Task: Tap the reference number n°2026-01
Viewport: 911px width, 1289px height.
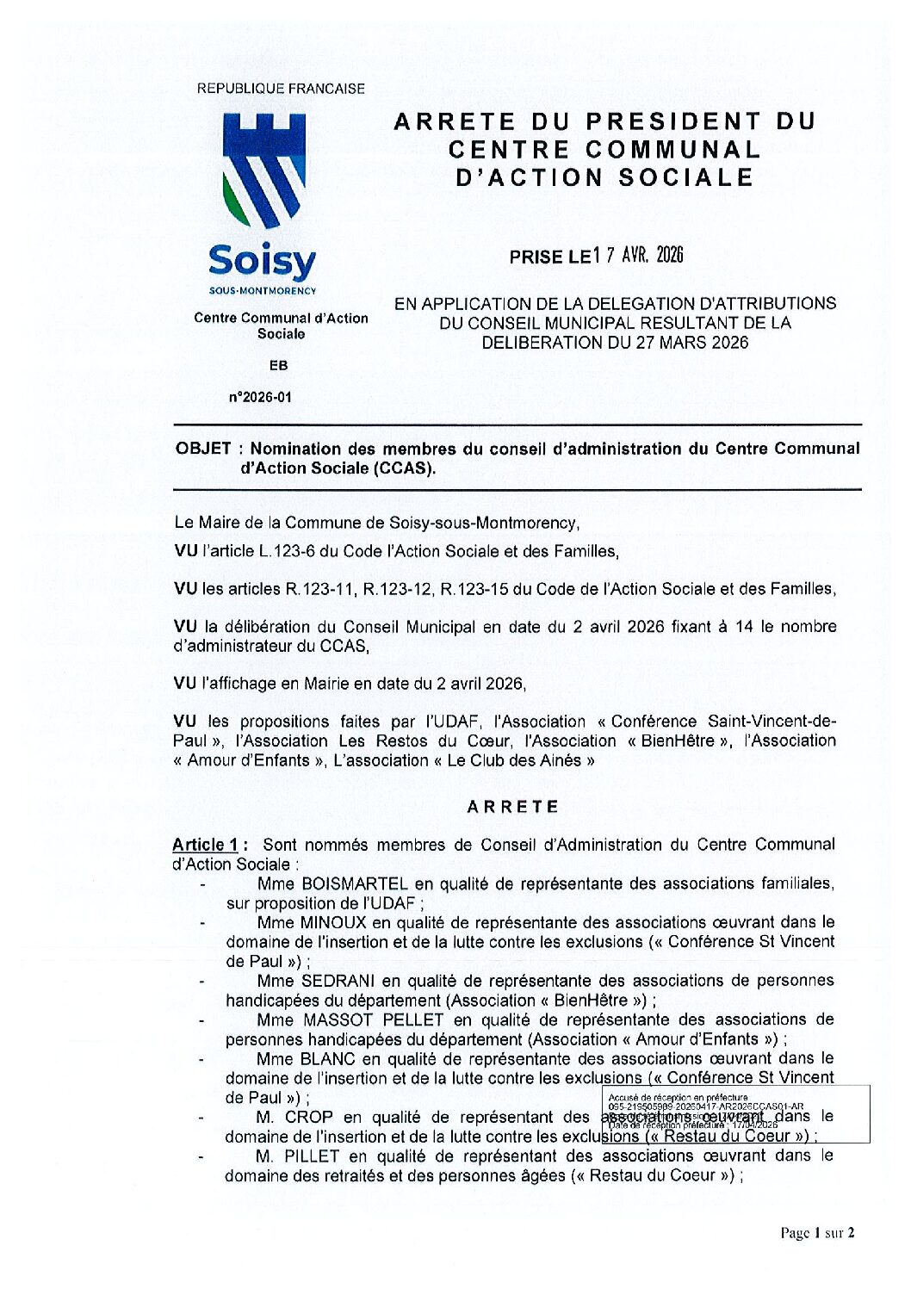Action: (x=260, y=397)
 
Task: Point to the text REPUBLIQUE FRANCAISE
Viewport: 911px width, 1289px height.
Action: (x=281, y=88)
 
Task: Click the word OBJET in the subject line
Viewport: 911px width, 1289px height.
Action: (x=203, y=449)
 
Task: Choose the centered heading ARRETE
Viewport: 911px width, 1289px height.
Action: (x=513, y=807)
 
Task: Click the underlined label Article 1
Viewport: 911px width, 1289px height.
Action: (x=205, y=845)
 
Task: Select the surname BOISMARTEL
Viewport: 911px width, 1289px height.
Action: (x=355, y=883)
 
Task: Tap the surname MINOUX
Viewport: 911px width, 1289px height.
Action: (x=333, y=922)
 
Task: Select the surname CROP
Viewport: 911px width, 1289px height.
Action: (x=308, y=1117)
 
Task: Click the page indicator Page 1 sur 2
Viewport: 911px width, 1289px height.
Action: (x=817, y=1233)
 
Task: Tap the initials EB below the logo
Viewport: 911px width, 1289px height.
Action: (x=278, y=365)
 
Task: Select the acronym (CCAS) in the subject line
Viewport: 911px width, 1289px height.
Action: (x=403, y=468)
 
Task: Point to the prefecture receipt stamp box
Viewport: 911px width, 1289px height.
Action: (x=736, y=1113)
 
